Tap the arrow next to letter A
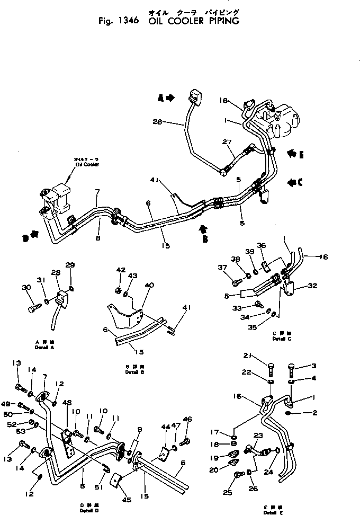point(169,97)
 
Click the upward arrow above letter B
point(203,229)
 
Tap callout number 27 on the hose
point(227,141)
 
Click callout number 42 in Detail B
point(121,270)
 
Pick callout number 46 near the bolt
point(187,419)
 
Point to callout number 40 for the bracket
point(149,285)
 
